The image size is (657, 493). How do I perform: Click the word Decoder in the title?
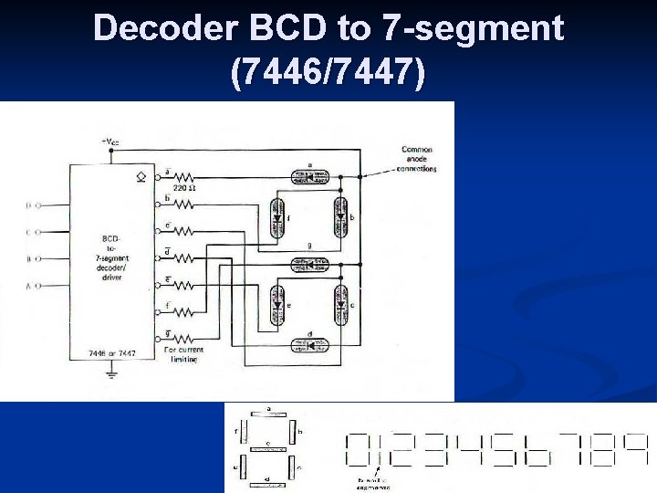[x=164, y=29]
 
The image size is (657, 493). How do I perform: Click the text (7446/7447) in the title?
[x=328, y=73]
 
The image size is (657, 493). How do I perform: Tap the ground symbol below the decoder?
[x=112, y=372]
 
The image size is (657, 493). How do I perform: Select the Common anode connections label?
[x=416, y=159]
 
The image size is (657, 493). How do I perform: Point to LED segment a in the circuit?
[x=310, y=176]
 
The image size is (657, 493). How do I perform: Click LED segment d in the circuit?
[x=310, y=346]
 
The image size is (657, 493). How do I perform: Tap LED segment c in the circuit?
[x=340, y=304]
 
